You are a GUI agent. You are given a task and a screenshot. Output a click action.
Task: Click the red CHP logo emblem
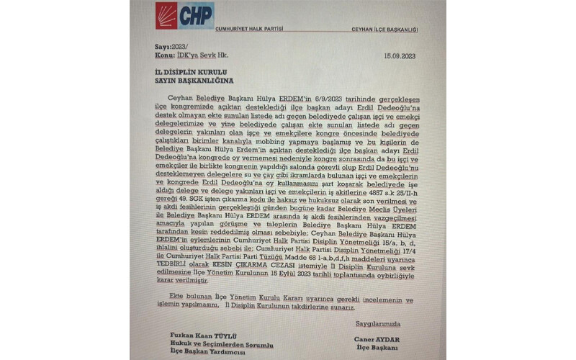pyautogui.click(x=166, y=15)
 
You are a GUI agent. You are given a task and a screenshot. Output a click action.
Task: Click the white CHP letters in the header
pyautogui.click(x=195, y=15)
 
